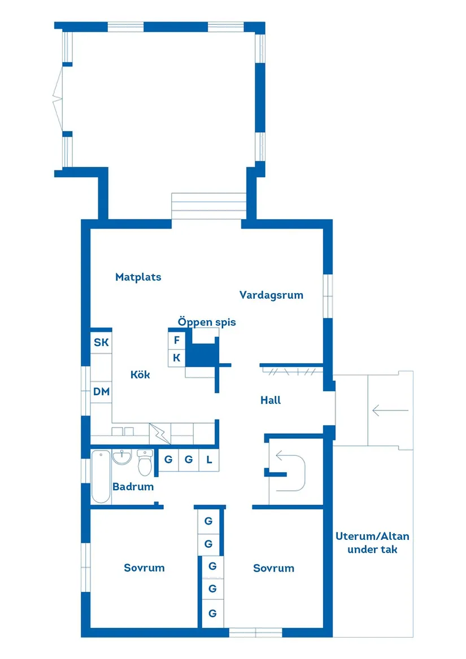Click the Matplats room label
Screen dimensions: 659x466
138,277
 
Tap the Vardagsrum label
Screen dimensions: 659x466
271,295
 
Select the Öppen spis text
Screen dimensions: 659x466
207,322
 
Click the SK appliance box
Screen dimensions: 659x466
101,342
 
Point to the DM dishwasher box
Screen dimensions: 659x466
102,392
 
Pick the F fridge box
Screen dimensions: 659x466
177,341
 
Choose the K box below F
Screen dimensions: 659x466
177,357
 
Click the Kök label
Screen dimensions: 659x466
140,374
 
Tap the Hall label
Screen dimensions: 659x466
271,400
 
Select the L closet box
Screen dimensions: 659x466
209,460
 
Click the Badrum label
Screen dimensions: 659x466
133,486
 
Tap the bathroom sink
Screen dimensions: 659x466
121,457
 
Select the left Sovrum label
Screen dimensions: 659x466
144,568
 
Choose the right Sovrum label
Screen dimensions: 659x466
273,569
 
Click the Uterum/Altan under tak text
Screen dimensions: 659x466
372,542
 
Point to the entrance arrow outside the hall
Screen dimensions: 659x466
390,411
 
